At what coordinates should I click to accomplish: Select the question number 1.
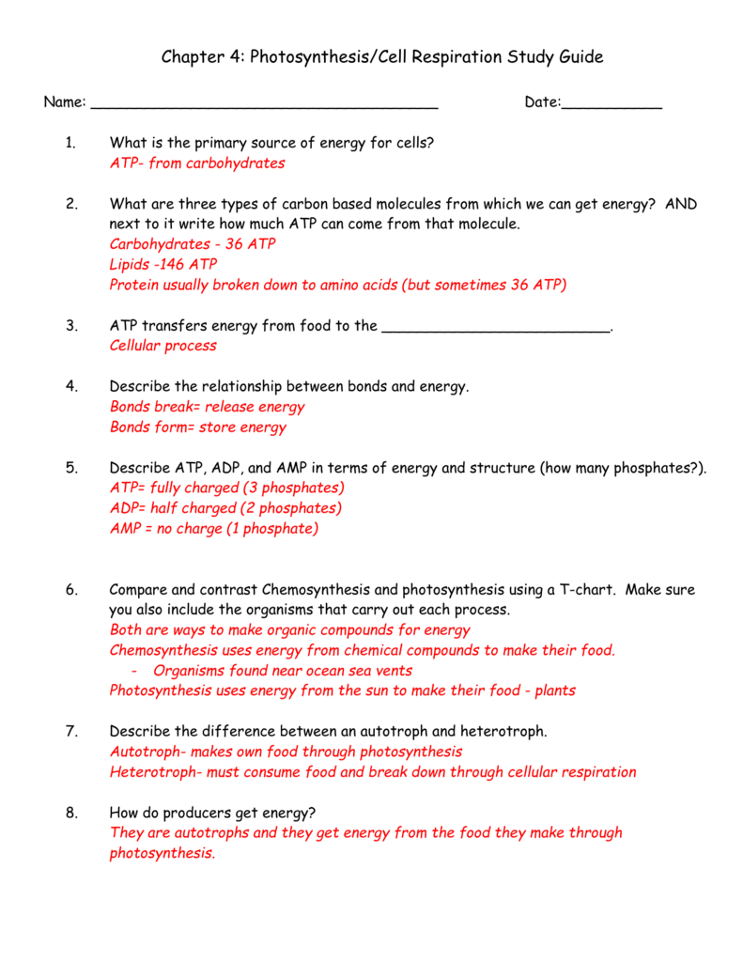pos(70,143)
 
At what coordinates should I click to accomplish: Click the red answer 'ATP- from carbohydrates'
pos(197,163)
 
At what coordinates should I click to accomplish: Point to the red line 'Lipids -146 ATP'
pos(163,265)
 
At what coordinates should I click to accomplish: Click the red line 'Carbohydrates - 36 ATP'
pos(193,244)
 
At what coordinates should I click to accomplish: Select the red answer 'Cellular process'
pos(163,346)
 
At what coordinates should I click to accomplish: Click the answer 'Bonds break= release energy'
pos(208,407)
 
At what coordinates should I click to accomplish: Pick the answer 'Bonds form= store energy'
pos(198,427)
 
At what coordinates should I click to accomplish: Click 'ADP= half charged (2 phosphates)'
pos(225,508)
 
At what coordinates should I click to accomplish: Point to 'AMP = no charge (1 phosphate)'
pos(214,529)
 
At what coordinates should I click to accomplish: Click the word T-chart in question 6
pos(586,590)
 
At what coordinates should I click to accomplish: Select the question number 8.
pos(71,813)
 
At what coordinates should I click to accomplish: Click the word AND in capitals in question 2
pos(681,204)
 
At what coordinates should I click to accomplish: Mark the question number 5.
pos(71,468)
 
